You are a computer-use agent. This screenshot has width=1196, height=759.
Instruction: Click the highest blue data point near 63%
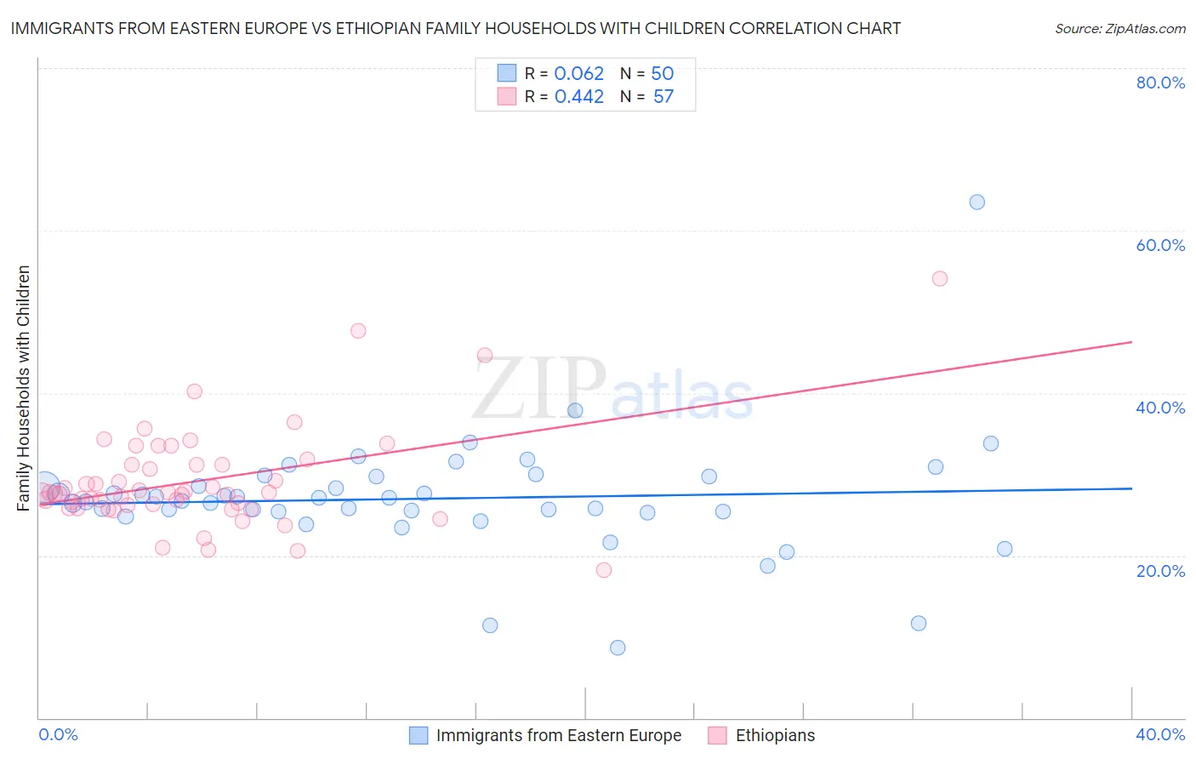click(977, 203)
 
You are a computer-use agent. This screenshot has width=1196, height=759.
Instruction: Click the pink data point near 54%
click(939, 278)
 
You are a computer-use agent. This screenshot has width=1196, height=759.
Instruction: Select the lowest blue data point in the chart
click(618, 648)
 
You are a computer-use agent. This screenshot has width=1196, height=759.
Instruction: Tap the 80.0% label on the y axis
click(1160, 83)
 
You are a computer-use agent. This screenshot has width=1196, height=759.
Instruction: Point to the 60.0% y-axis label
click(1160, 245)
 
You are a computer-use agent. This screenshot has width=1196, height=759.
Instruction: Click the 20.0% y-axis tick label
click(1160, 571)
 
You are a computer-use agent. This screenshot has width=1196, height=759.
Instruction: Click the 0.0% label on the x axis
click(58, 734)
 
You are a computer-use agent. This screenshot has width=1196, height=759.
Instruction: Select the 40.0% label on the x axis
click(1160, 734)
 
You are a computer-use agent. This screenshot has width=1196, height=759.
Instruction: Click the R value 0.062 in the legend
click(578, 74)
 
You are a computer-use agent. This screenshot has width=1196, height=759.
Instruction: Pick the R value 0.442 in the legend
click(578, 97)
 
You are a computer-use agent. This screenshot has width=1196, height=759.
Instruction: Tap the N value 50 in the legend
click(662, 74)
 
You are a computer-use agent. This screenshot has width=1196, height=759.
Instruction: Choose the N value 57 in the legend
click(663, 97)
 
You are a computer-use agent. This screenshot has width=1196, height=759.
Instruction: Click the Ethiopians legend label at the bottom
click(775, 736)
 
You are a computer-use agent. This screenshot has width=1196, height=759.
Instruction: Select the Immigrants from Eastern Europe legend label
click(558, 736)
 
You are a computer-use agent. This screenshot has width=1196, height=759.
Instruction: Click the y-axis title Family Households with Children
click(24, 388)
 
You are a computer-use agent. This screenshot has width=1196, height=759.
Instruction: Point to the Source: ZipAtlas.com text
click(1119, 29)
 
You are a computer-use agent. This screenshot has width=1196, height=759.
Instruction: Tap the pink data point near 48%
click(358, 331)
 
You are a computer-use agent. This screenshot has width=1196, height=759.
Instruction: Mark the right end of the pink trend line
click(1131, 342)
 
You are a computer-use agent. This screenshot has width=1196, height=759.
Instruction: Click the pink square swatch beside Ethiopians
click(717, 736)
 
